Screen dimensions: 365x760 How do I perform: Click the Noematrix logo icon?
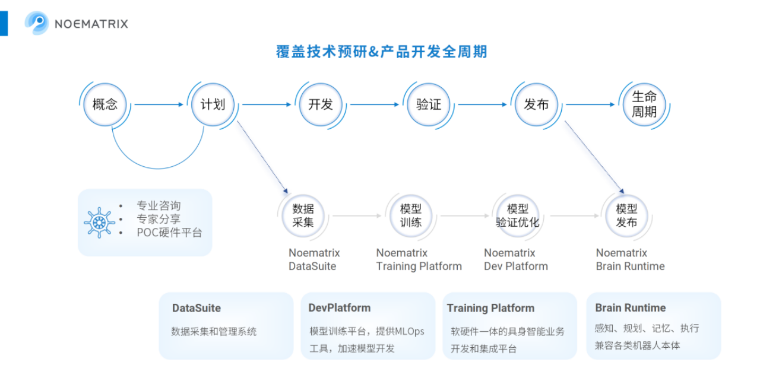[x=37, y=23]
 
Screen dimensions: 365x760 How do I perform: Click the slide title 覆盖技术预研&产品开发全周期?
[x=381, y=52]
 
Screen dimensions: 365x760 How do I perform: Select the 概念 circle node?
[x=105, y=104]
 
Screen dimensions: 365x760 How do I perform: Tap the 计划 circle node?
[x=213, y=104]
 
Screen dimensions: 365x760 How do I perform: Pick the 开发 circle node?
[x=321, y=104]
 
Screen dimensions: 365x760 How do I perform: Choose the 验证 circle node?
[x=429, y=104]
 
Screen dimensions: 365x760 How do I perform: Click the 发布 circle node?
[x=536, y=104]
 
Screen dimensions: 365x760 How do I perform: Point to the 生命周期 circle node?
[x=644, y=104]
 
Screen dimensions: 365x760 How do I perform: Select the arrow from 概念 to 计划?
[x=159, y=104]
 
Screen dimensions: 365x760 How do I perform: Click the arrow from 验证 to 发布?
[x=482, y=104]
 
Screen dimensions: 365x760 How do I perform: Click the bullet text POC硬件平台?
[x=169, y=233]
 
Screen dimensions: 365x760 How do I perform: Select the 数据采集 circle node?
[x=303, y=215]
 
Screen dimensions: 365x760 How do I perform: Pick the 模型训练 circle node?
[x=411, y=215]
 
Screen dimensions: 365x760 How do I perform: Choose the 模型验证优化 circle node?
[x=518, y=215]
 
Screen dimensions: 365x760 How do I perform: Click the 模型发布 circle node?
[x=626, y=215]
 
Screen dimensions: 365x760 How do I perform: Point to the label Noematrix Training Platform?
[x=419, y=259]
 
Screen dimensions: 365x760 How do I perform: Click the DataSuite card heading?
[x=197, y=308]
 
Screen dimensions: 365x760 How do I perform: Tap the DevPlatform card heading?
[x=340, y=308]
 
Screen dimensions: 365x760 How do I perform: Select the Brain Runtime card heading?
[x=630, y=307]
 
